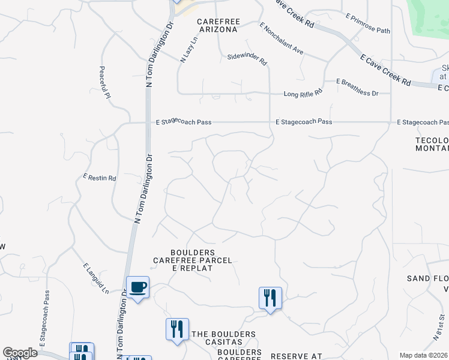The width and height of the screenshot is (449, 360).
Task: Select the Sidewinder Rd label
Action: (x=247, y=59)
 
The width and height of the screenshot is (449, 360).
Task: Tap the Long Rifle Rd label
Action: (x=303, y=93)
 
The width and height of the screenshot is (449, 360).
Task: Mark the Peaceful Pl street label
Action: (x=105, y=83)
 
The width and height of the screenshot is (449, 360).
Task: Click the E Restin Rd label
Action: (x=100, y=178)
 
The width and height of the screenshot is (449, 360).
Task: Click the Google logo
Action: (x=20, y=353)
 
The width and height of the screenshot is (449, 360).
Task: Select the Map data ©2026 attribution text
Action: (x=424, y=355)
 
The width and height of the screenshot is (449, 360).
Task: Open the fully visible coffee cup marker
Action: (x=137, y=287)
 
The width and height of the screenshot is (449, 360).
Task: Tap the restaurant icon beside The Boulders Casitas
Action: (x=177, y=329)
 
